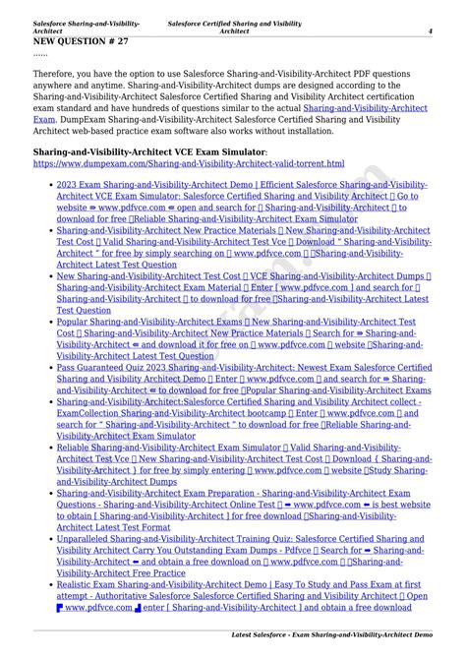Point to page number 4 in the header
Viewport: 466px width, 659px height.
click(x=430, y=30)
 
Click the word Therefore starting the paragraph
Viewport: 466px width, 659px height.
click(x=58, y=74)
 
